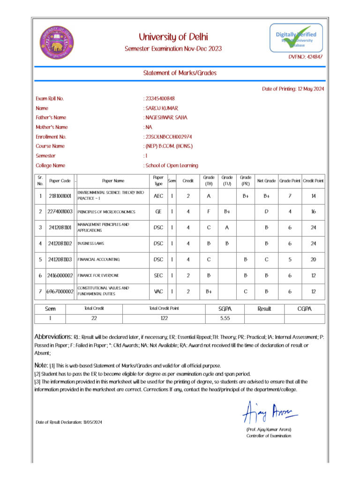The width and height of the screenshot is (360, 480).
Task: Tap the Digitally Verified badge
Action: click(x=296, y=38)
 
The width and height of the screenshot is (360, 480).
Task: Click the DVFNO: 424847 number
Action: click(x=305, y=57)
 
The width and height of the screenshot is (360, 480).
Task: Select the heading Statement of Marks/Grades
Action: click(x=180, y=73)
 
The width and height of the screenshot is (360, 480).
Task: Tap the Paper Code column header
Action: click(x=60, y=180)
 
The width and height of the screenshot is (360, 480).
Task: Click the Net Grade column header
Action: click(x=266, y=180)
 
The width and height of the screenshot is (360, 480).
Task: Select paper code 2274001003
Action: click(x=60, y=212)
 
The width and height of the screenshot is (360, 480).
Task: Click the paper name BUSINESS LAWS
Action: click(x=91, y=244)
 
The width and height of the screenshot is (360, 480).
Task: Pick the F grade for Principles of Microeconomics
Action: click(x=209, y=212)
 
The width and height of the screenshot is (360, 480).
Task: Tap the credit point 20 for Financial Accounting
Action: click(x=313, y=259)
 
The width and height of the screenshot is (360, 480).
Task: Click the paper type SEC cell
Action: click(x=158, y=275)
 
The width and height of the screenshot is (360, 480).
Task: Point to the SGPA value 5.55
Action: click(x=225, y=318)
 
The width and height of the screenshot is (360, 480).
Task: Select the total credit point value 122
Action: click(x=164, y=318)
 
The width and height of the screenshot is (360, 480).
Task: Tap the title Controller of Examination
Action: click(x=269, y=436)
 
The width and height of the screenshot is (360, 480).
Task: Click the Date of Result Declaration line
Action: click(x=69, y=422)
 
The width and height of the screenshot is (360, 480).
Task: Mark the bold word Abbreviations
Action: click(x=53, y=337)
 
